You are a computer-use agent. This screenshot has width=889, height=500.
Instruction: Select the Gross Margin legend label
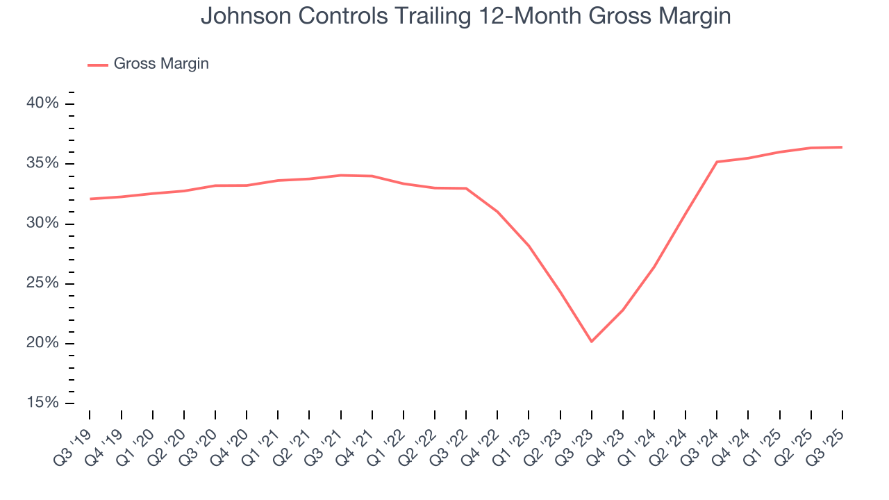click(x=161, y=64)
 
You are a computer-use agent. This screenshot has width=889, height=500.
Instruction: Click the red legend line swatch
click(x=98, y=65)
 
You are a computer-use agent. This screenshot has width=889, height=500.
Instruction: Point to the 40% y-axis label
click(x=42, y=103)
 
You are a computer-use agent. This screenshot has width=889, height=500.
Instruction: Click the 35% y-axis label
click(x=42, y=164)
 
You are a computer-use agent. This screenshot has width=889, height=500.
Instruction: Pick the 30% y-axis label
click(x=42, y=224)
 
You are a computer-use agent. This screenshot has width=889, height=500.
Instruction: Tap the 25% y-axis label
click(x=42, y=283)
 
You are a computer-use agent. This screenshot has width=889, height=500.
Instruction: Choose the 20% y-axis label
click(x=42, y=344)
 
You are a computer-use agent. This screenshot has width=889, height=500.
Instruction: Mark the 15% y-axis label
click(x=42, y=403)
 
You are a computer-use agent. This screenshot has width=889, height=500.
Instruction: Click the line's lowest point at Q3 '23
click(x=591, y=342)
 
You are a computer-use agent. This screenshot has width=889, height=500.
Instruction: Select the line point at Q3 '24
click(x=717, y=162)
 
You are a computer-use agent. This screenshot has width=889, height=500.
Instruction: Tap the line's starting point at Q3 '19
click(x=90, y=199)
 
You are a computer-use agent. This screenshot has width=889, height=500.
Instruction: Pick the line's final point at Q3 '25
click(x=842, y=147)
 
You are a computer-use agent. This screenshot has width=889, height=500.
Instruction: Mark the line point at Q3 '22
click(x=466, y=188)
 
